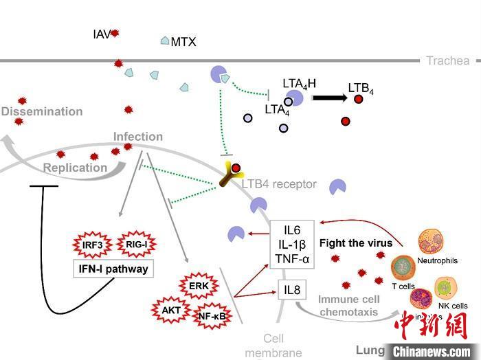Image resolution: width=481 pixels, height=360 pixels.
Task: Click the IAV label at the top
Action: click(101, 33)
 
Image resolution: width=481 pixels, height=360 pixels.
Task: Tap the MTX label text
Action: click(183, 42)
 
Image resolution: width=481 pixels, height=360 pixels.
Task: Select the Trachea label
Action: click(448, 60)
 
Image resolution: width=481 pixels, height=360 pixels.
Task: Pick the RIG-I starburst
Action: click(137, 243)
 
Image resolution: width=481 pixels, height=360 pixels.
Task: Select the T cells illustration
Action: click(403, 270)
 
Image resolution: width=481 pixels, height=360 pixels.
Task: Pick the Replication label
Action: click(75, 168)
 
